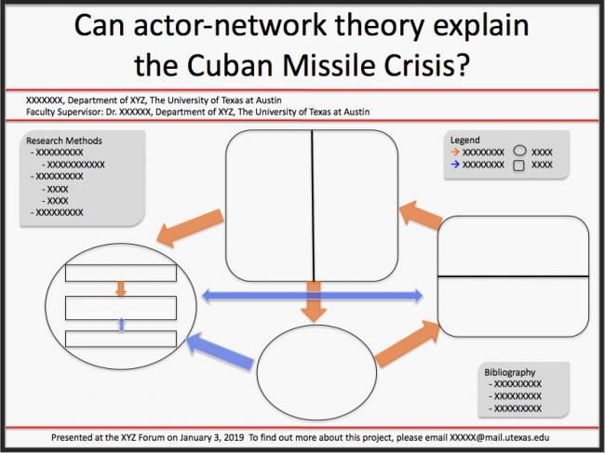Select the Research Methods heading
64,141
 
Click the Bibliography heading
510,373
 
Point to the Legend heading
464,140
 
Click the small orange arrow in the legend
455,151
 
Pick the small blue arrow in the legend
455,164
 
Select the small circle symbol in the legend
520,150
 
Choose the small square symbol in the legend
520,165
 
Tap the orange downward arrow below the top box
315,301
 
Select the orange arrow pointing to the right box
408,344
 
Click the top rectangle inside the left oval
121,273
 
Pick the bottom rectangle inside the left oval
121,337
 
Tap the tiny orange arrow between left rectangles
121,289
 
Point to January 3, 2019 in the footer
208,437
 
